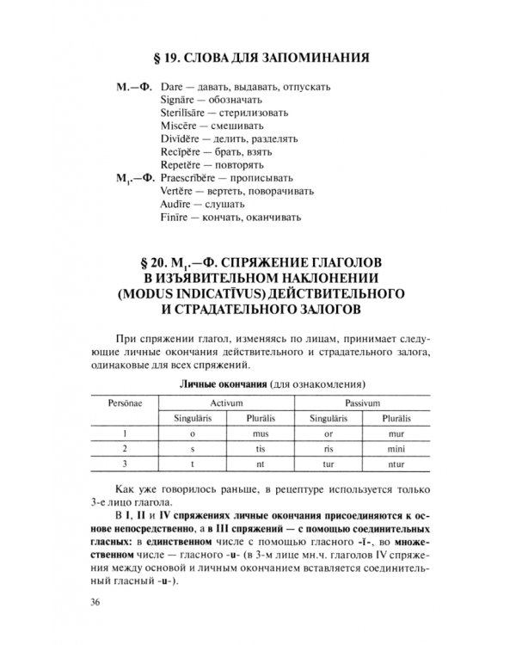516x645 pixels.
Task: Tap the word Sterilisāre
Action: coord(185,114)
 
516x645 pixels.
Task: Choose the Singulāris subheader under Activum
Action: coord(193,418)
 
